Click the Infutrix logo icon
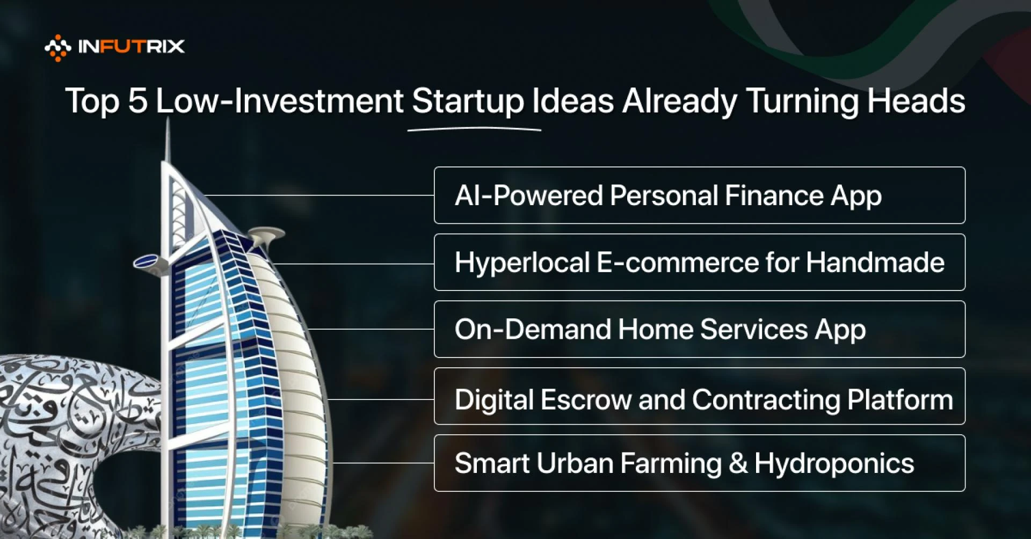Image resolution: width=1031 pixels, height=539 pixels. click(57, 47)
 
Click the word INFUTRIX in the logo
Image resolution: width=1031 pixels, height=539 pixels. click(131, 47)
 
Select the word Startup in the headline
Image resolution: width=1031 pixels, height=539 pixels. click(468, 101)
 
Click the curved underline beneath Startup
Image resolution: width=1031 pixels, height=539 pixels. click(474, 129)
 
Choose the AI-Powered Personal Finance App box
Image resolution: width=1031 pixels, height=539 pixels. click(699, 195)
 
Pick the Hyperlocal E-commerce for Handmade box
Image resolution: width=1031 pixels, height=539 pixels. click(699, 263)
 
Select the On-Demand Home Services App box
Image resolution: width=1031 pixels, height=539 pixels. click(699, 329)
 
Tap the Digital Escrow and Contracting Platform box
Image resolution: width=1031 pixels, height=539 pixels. click(699, 396)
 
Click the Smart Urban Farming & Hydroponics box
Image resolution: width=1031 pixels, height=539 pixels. click(699, 463)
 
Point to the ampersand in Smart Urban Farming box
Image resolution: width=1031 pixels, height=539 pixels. click(738, 463)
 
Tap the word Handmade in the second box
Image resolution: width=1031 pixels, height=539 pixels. click(875, 263)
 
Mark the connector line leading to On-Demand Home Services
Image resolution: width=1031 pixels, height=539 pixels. click(371, 329)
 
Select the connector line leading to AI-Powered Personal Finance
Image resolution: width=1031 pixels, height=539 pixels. click(319, 195)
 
